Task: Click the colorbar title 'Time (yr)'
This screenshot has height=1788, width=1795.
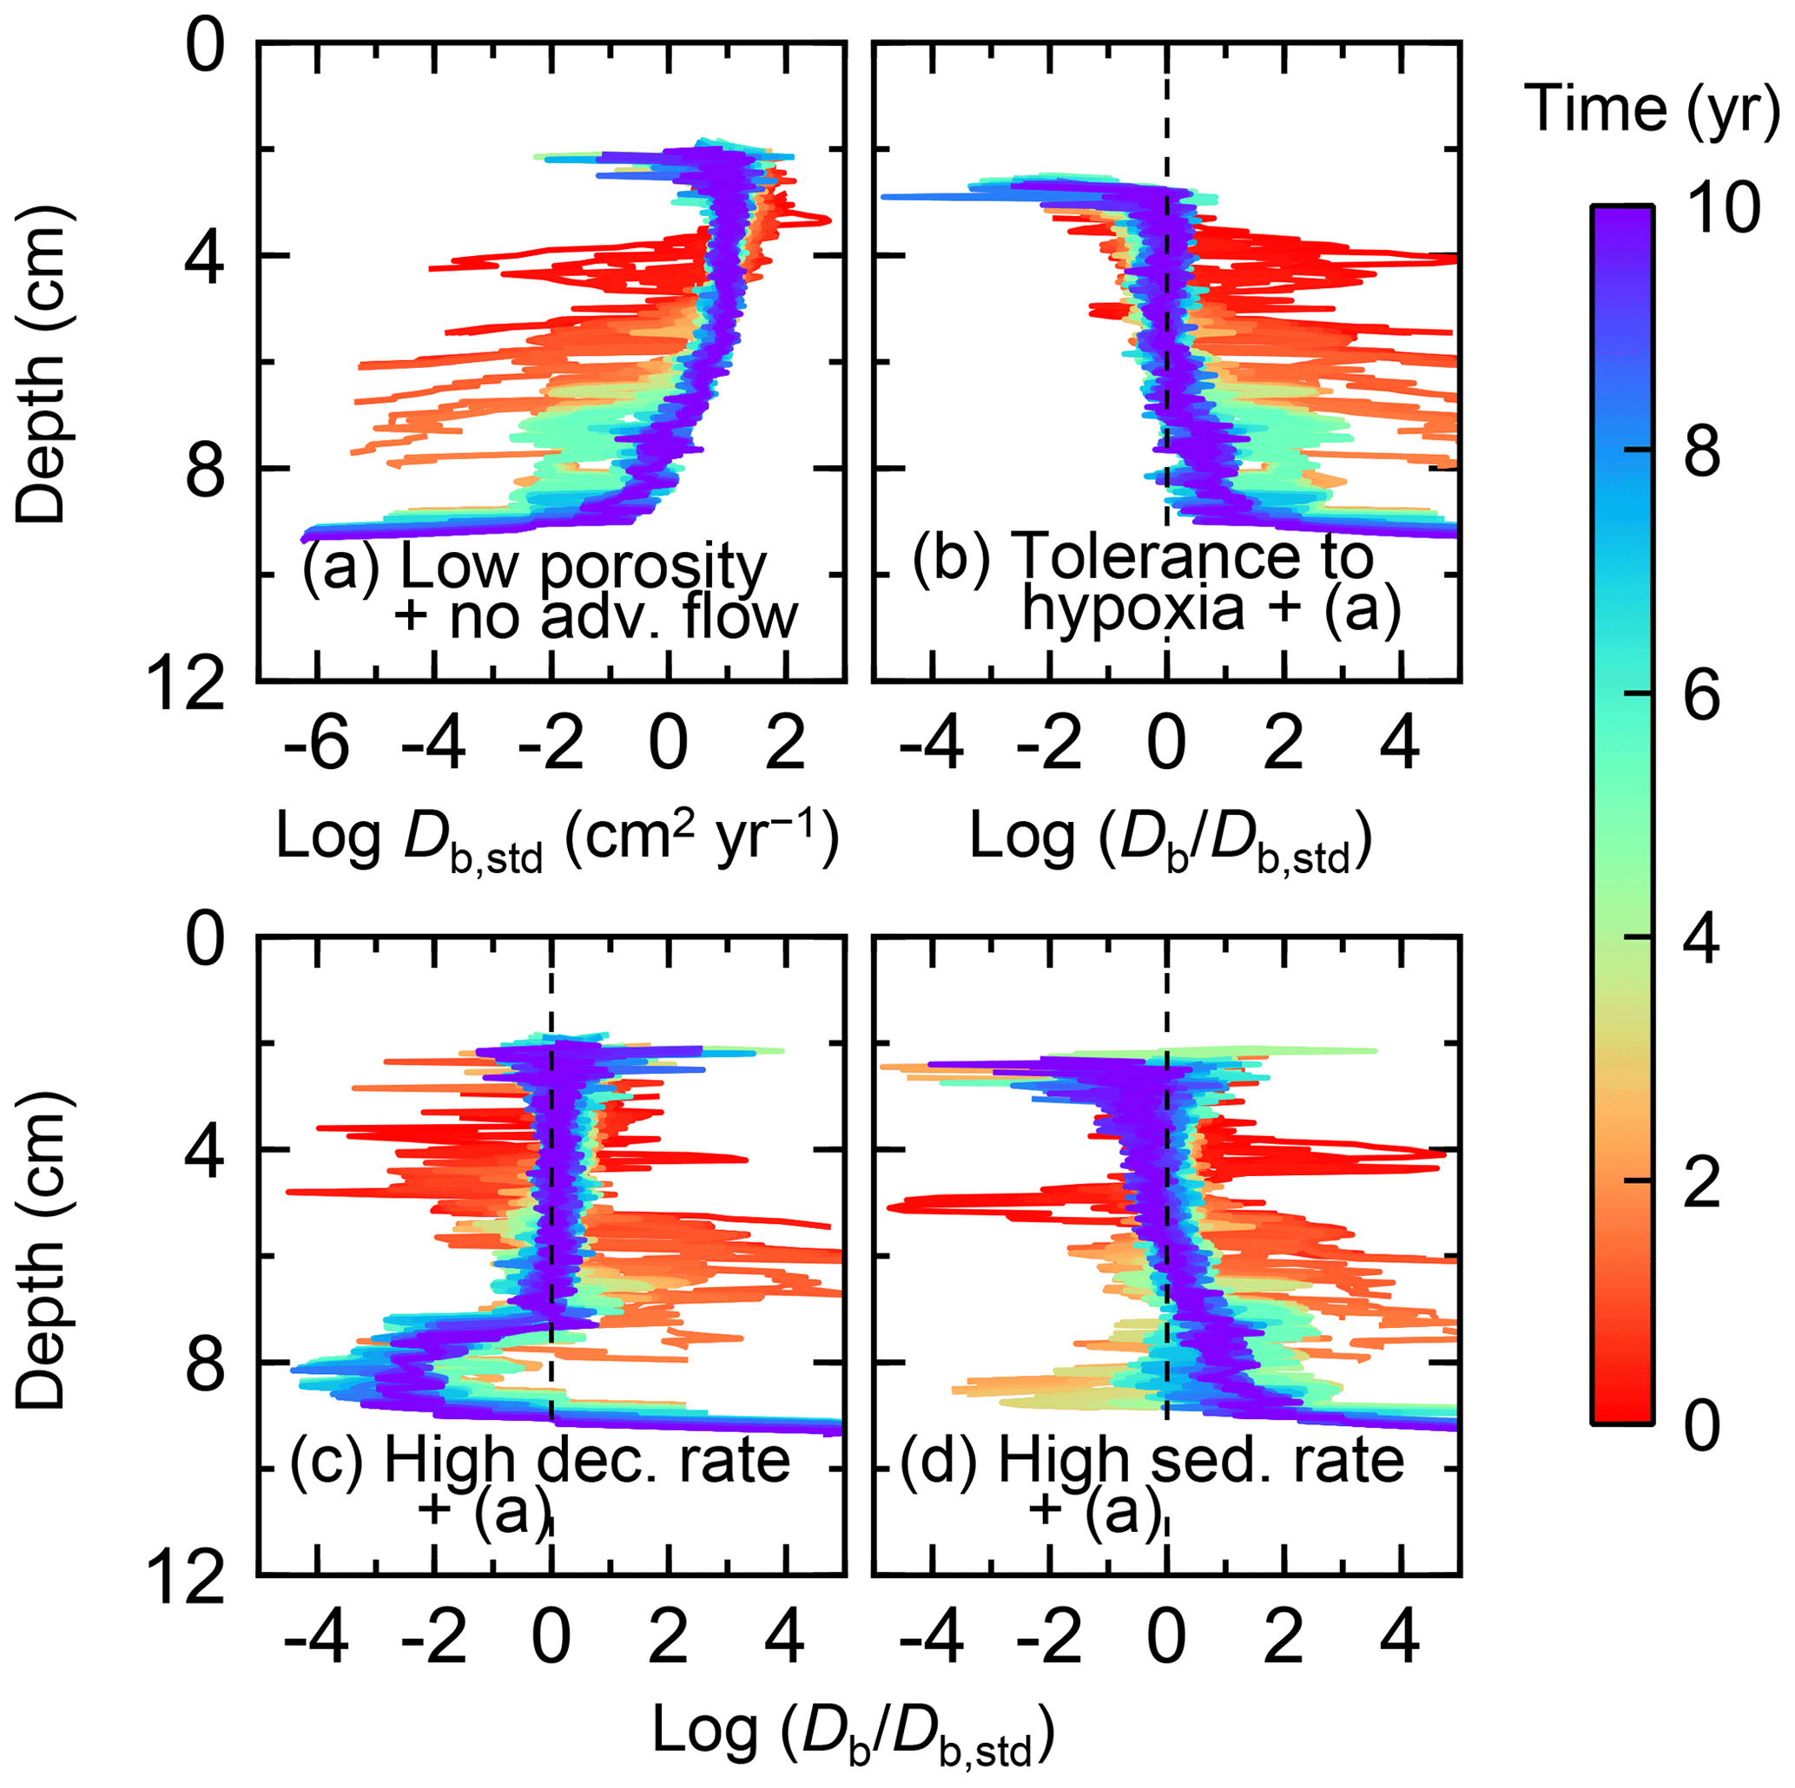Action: [x=1651, y=110]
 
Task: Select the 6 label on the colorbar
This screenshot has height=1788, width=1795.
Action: [x=1702, y=696]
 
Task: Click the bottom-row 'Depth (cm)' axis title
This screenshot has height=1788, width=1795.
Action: [x=42, y=1254]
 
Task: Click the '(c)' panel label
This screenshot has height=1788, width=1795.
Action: [x=325, y=1461]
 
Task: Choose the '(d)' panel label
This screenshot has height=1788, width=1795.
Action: [x=940, y=1461]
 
